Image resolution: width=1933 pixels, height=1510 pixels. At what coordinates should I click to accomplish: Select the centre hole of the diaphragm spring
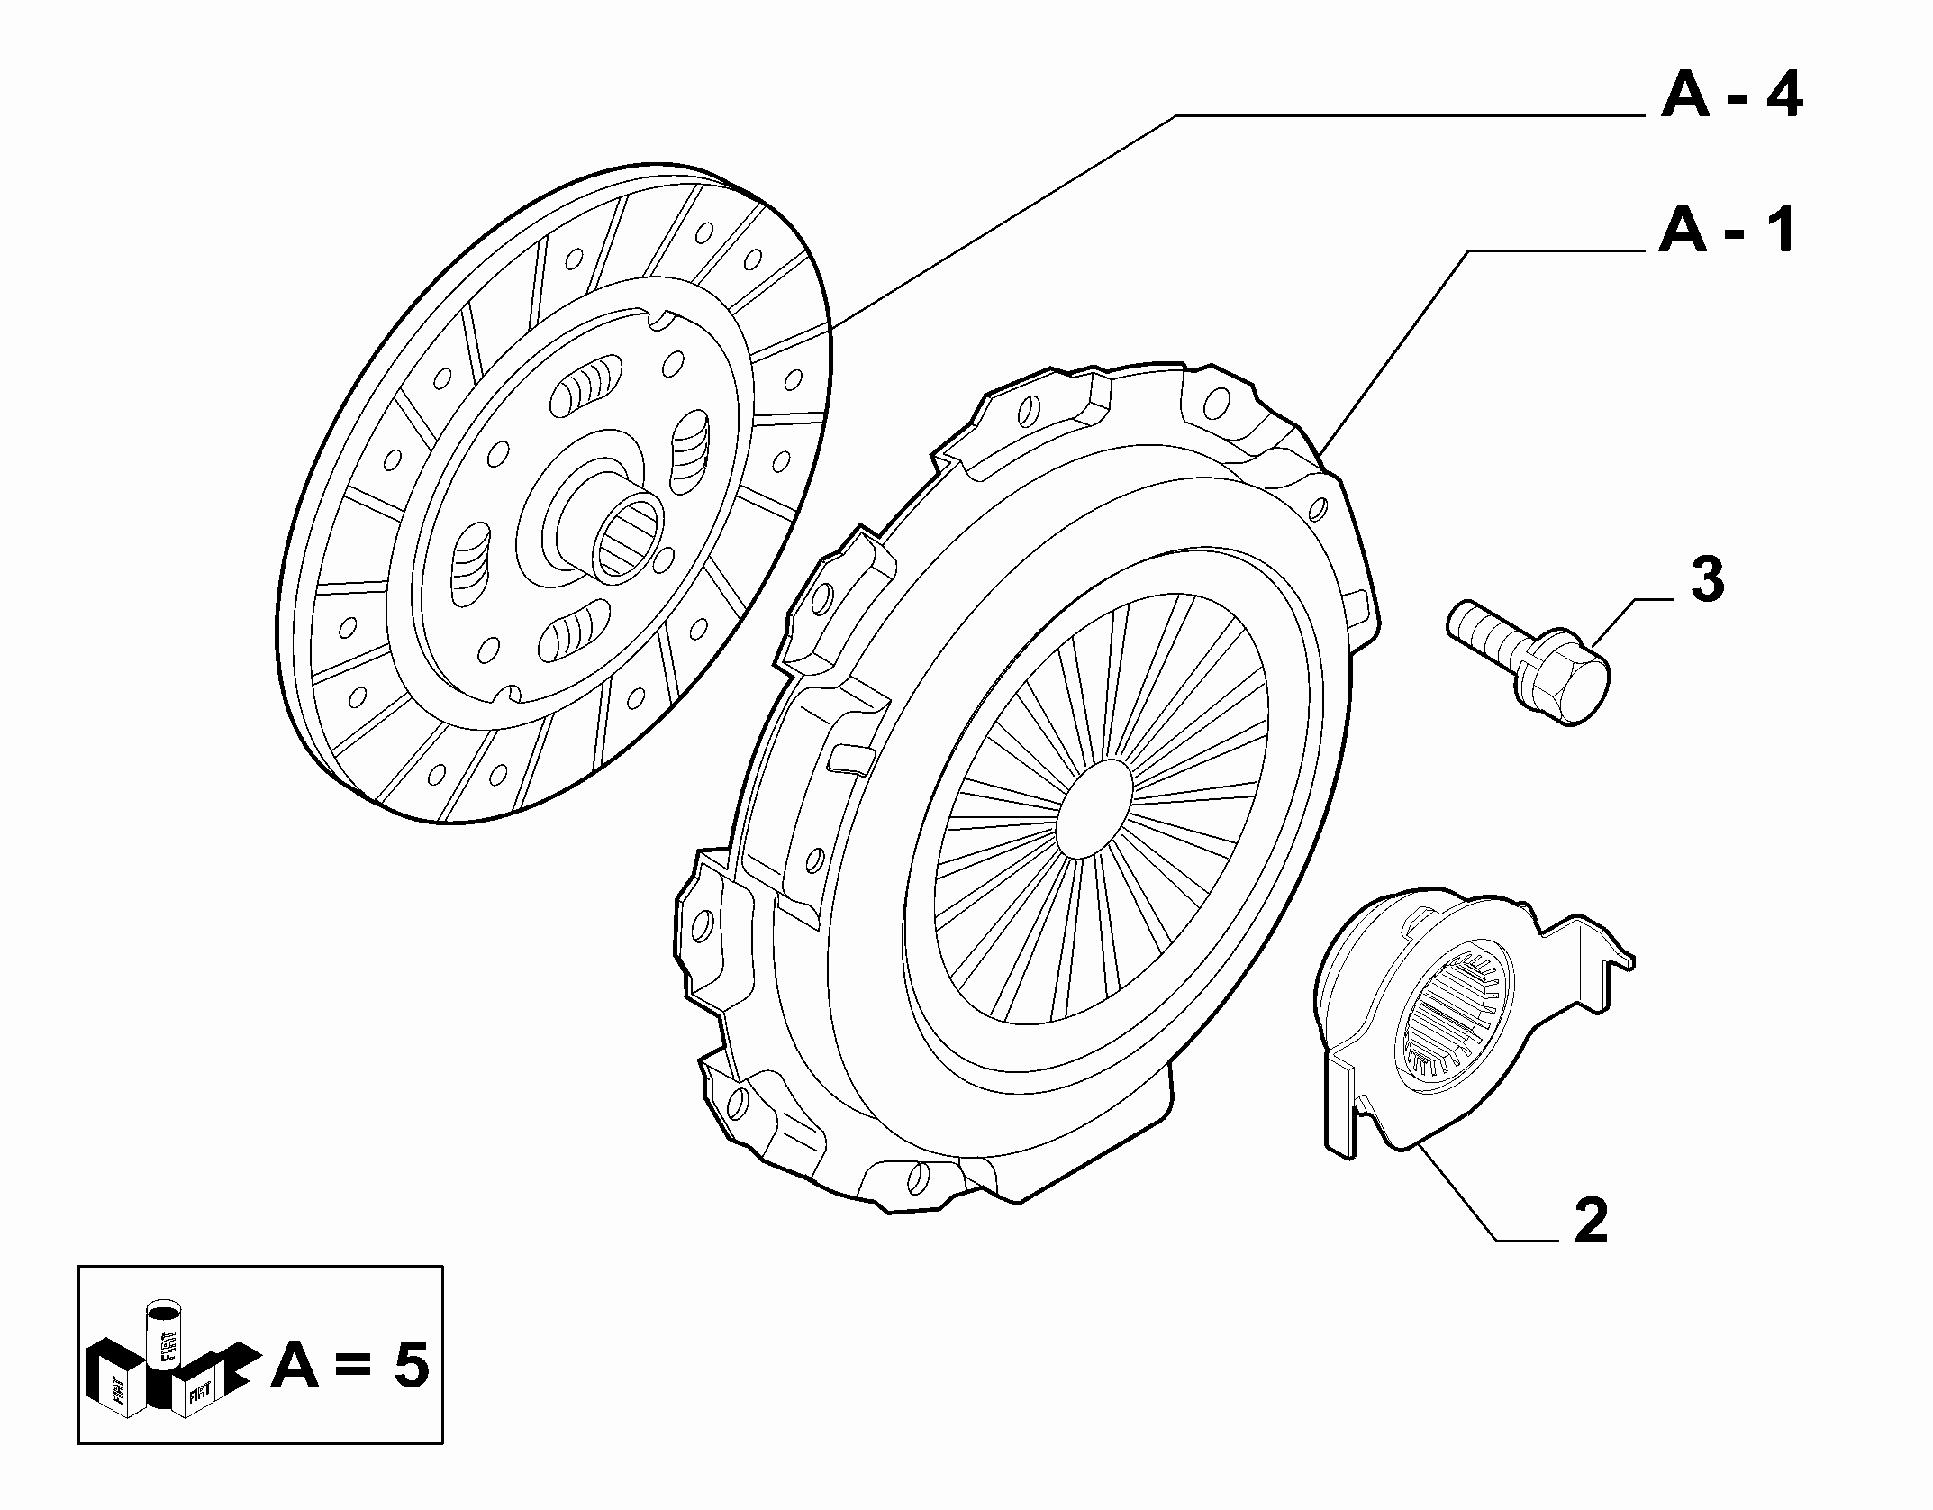click(x=1094, y=807)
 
